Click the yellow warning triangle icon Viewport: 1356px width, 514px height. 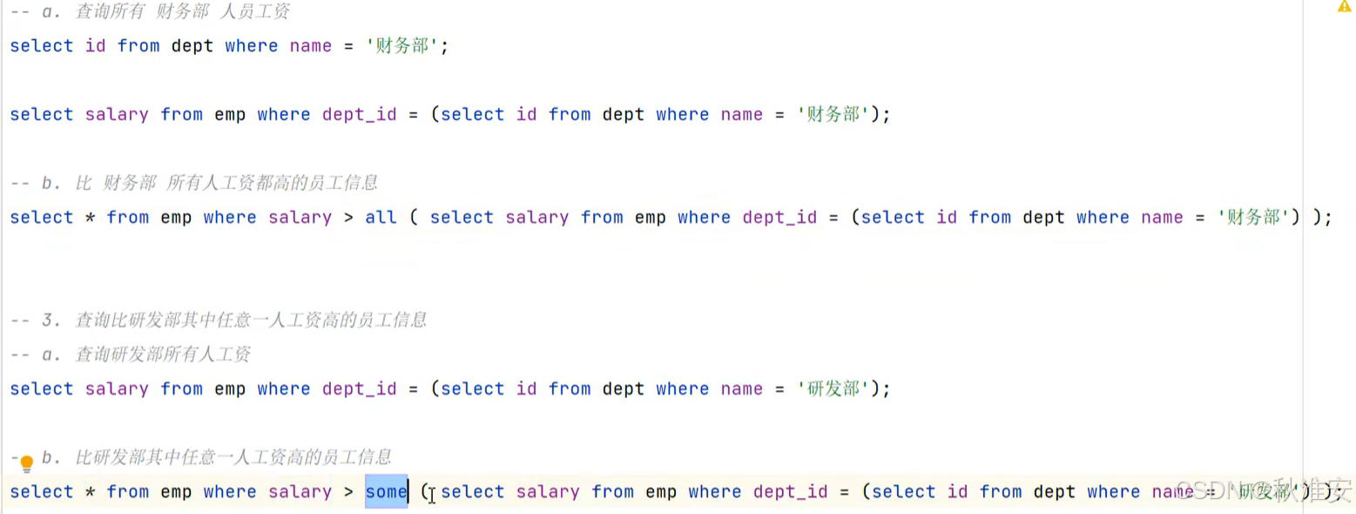[x=1344, y=7]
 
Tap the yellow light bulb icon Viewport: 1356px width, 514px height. [x=26, y=463]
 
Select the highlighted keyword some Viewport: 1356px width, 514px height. [x=386, y=492]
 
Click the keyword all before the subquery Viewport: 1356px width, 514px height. [x=381, y=218]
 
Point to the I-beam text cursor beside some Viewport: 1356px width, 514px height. [x=431, y=496]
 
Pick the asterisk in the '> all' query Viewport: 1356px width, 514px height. [x=90, y=218]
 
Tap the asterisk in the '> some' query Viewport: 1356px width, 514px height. [x=90, y=492]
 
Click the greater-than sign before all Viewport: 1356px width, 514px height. [x=348, y=218]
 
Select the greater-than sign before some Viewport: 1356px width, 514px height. [x=348, y=492]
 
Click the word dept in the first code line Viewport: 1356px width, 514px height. [x=192, y=46]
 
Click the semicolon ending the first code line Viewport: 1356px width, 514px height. [x=445, y=46]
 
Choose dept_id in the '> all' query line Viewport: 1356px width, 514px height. [x=779, y=218]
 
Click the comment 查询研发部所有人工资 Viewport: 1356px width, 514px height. [x=163, y=355]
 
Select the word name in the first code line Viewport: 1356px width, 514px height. [x=311, y=46]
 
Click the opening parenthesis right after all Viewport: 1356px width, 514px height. [x=413, y=218]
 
